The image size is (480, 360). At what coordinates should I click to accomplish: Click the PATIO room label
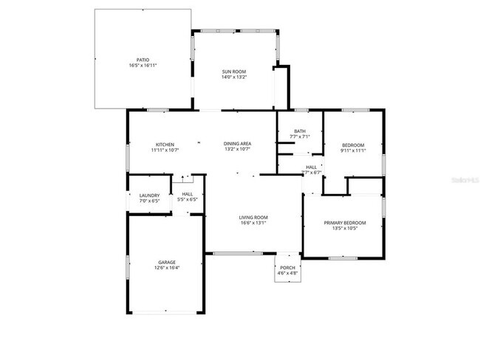click(143, 60)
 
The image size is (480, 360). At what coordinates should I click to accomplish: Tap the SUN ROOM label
click(234, 72)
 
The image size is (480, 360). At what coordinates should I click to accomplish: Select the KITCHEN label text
click(164, 144)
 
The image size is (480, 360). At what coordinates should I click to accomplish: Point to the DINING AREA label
click(238, 144)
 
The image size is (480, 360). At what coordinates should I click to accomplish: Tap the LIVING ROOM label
click(253, 218)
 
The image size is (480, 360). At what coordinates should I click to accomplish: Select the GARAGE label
click(166, 262)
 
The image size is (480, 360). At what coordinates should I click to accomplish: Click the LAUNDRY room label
click(150, 195)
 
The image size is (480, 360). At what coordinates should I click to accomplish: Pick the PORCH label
click(288, 268)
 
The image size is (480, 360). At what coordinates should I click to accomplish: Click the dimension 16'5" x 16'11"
click(143, 66)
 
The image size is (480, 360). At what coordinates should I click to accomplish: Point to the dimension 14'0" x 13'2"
click(234, 77)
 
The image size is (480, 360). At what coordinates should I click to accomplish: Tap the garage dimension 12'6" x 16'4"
click(166, 268)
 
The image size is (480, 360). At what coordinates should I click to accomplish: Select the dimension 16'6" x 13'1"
click(253, 224)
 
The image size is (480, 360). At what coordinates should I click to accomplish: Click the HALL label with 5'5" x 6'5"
click(187, 195)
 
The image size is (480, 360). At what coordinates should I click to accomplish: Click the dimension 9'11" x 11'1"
click(354, 150)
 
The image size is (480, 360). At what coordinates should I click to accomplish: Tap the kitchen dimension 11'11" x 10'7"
click(164, 150)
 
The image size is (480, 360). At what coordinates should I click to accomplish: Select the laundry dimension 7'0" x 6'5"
click(150, 201)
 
